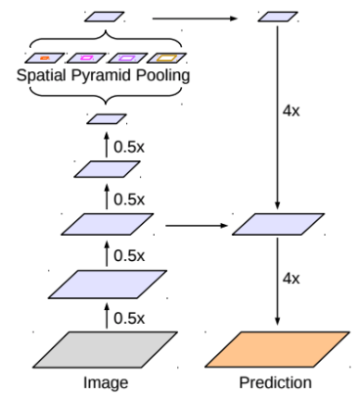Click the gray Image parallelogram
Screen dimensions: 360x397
coord(105,350)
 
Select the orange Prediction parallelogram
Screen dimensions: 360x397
coord(277,350)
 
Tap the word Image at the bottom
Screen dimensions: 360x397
coord(106,382)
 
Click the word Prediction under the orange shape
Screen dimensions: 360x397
coord(275,382)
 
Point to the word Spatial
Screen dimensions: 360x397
coord(41,75)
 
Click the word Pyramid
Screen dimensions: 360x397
coord(101,75)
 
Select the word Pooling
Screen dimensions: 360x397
coord(162,75)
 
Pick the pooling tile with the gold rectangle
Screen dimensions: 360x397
coord(166,58)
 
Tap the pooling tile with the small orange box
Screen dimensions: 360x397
coord(44,58)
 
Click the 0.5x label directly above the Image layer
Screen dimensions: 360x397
coord(129,318)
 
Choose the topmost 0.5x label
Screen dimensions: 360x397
coord(129,148)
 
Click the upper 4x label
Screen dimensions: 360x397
coord(291,111)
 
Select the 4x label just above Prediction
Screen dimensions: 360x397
coord(291,279)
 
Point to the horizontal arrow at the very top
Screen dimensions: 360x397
coord(195,19)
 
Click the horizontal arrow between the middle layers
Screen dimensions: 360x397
coord(197,225)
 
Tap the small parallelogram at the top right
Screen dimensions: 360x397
coord(278,17)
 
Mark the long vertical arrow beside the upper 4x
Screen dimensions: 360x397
coord(277,117)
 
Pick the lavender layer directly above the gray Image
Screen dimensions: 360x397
coord(108,284)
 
